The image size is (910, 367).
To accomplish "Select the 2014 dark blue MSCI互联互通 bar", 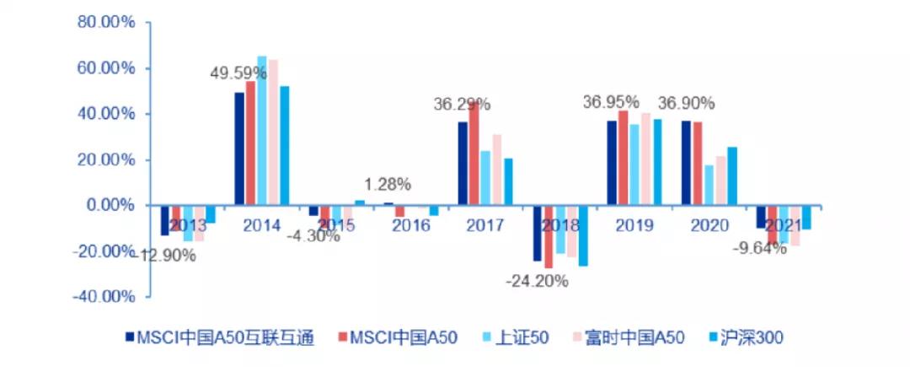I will pos(239,148).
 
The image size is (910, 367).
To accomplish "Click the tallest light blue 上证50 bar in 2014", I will pos(261,131).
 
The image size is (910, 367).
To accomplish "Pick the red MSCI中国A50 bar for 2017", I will pos(474,154).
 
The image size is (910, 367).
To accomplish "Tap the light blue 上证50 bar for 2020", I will pos(709,185).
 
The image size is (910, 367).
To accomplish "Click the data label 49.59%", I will pos(238,74).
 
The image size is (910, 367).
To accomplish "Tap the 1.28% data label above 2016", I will pos(388,183).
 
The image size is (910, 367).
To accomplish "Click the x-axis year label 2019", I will pos(634,226).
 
